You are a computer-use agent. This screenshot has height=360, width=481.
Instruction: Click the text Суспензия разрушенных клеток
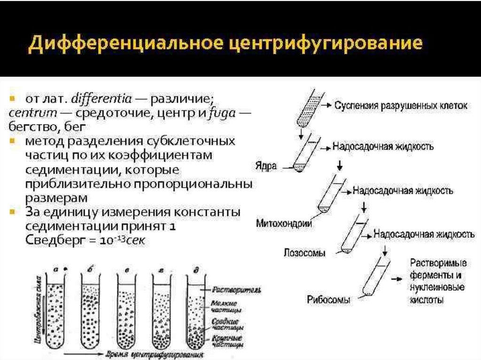click(401, 106)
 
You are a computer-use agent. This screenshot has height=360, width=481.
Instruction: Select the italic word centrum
click(29, 114)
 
